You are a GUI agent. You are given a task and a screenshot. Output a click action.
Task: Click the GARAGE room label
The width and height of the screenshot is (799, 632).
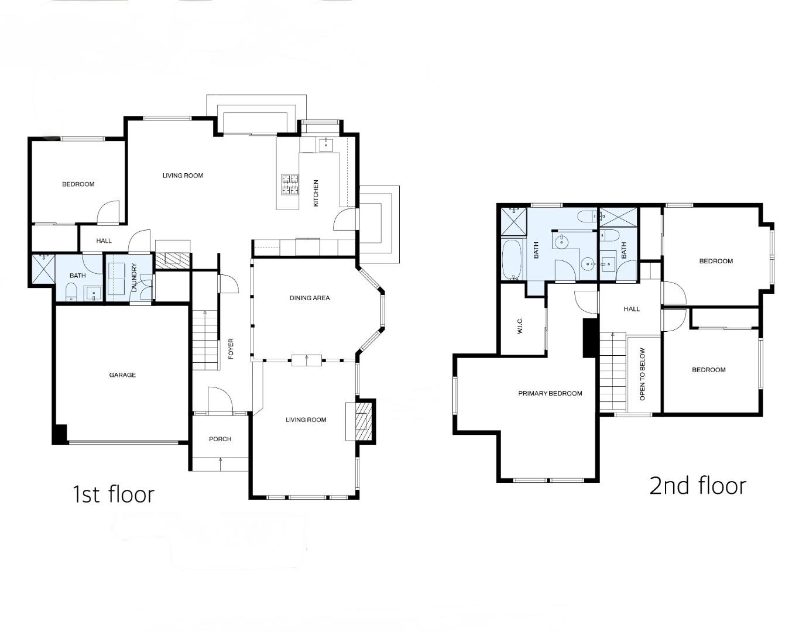pos(122,375)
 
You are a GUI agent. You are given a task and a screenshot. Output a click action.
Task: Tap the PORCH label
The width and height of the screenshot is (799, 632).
pos(220,439)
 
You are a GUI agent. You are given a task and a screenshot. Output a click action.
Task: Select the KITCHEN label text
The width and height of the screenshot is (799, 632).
pos(316,193)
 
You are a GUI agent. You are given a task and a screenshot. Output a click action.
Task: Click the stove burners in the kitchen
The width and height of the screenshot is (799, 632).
pos(290,184)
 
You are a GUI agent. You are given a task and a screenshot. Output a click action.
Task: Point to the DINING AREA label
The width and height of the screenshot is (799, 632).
pos(310,298)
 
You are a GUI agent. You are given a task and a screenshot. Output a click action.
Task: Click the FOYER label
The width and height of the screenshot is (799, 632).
pos(231,349)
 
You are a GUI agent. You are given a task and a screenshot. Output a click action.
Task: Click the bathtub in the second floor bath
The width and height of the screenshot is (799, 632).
pos(512,260)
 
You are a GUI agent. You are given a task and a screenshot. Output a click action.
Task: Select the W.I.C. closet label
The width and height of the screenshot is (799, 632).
pos(519,326)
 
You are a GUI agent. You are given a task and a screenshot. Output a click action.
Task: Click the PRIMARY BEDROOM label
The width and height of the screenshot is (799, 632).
pos(550,393)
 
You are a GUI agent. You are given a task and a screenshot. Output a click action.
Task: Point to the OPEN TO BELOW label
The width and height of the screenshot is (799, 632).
pos(642,374)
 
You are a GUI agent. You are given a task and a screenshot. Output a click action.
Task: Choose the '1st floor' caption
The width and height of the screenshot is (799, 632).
pos(113,494)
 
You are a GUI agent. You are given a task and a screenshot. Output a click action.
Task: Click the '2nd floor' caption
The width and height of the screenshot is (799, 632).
pos(698,486)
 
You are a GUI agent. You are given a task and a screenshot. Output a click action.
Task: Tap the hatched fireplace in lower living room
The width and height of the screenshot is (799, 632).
pos(364,420)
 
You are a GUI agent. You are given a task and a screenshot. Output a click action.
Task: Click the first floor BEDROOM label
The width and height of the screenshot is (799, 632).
pos(78,184)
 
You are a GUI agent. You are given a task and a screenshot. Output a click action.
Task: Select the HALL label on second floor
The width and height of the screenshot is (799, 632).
pos(632,309)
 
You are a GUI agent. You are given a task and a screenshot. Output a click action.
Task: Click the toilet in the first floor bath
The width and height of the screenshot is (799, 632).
pos(70,291)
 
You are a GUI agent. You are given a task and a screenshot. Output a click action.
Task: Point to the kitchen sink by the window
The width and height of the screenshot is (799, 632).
pos(325,144)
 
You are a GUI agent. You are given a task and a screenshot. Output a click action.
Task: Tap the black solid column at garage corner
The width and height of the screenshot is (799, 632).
pos(60,434)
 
